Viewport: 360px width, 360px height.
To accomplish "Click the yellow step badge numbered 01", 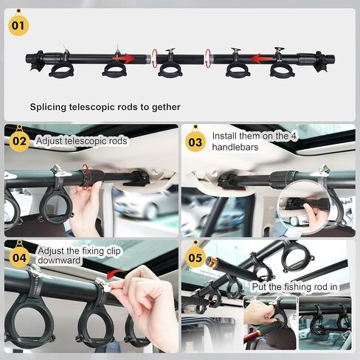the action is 18,25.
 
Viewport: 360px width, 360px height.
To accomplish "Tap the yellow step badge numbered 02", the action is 19,141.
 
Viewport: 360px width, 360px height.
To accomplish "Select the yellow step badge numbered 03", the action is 195,142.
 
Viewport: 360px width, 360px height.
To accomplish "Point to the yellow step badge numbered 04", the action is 19,257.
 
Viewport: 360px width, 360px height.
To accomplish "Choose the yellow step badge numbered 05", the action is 195,257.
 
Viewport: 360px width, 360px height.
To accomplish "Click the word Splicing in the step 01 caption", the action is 48,108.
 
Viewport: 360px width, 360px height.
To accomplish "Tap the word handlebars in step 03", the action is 235,147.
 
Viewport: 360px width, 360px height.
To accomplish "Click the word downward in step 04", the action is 59,260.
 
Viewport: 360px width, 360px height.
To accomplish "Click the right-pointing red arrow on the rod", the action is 123,58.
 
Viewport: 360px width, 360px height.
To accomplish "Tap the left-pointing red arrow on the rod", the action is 262,59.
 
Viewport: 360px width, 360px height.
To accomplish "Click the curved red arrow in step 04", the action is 116,273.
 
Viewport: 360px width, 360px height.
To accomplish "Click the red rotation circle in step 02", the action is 86,176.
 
